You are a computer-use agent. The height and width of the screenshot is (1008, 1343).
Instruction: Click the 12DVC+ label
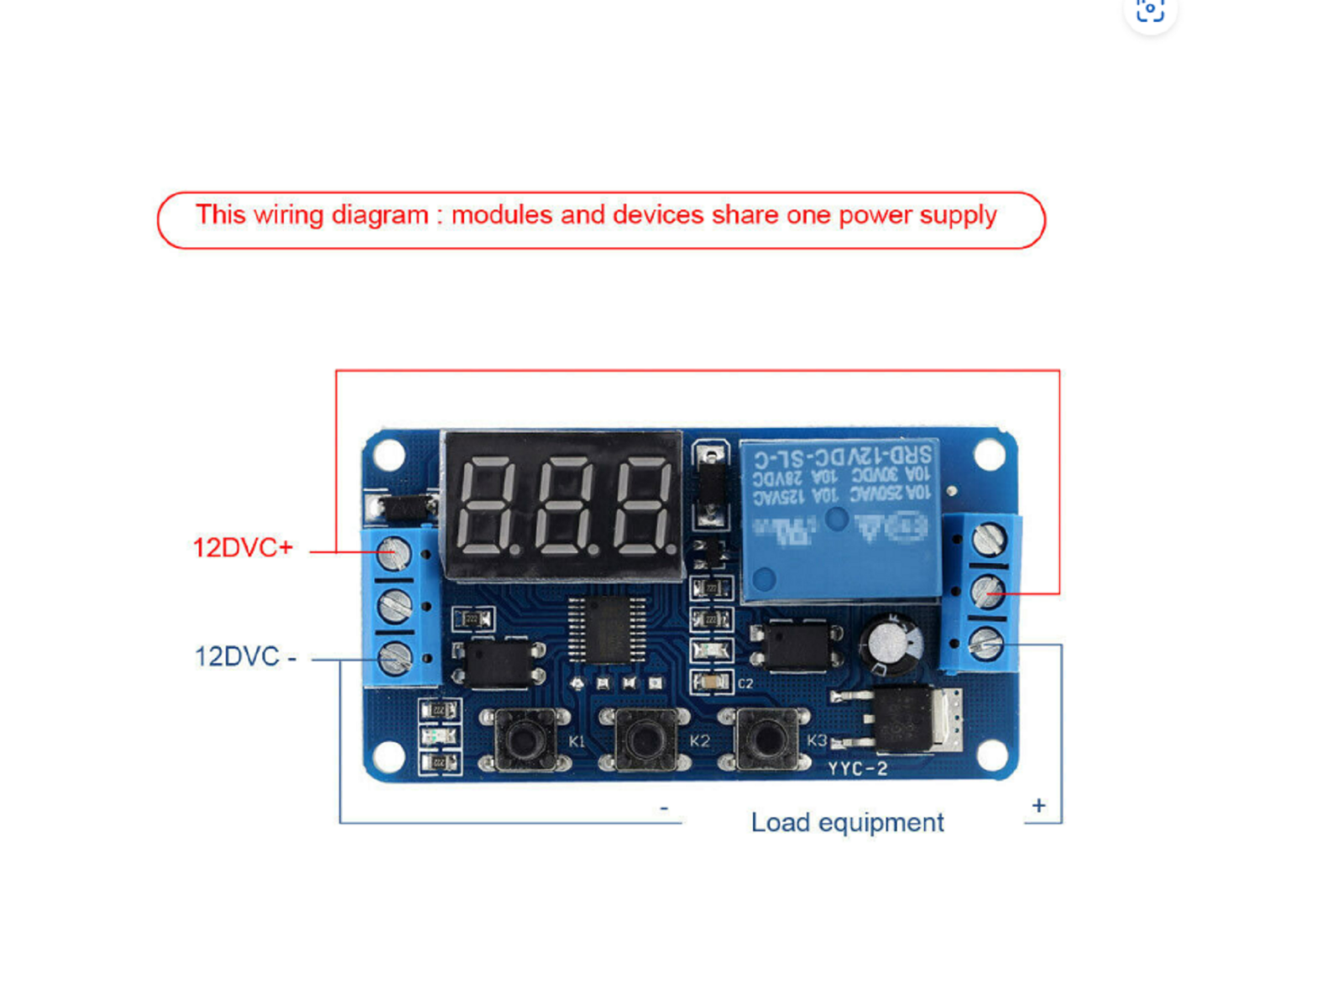(x=243, y=548)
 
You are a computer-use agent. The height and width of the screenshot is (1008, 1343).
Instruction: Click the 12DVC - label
(x=245, y=656)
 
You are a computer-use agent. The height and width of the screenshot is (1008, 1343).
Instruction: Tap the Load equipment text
(x=847, y=823)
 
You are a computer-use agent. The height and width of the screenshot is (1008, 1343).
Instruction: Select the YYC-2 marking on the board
(x=857, y=769)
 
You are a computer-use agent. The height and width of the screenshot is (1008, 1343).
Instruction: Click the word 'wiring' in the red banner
(x=289, y=215)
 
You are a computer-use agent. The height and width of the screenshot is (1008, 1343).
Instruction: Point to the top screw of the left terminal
(x=393, y=552)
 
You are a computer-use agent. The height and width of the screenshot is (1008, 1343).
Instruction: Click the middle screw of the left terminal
(x=395, y=605)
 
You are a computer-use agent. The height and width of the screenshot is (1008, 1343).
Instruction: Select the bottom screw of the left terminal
(x=395, y=658)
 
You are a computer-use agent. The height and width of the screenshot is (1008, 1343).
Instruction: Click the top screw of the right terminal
(x=989, y=538)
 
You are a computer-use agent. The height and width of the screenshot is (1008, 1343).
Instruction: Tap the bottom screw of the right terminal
(x=986, y=645)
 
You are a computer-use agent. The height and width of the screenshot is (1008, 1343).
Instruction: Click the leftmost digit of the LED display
(x=485, y=507)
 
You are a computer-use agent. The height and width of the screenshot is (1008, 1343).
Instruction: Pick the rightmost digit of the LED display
(x=642, y=507)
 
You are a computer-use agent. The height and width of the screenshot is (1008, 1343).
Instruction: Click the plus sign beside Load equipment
(x=1039, y=806)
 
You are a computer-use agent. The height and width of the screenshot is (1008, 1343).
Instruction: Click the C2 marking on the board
(x=745, y=684)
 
